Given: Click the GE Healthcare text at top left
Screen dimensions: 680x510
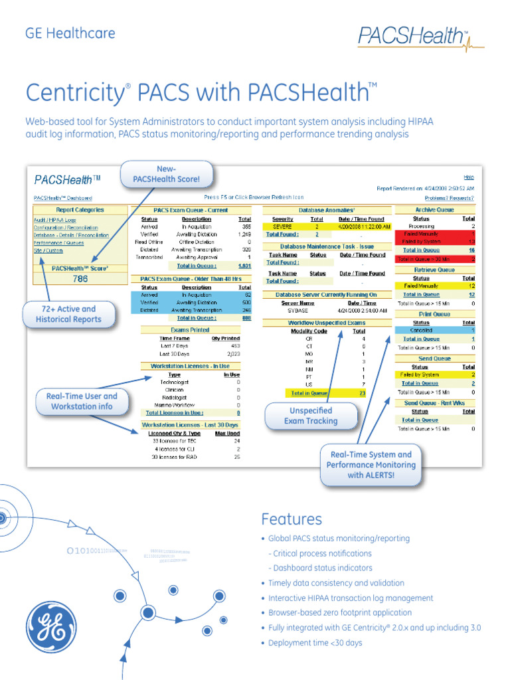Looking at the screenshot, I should point(70,33).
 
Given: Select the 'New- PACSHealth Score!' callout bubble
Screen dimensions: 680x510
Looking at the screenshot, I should point(166,174).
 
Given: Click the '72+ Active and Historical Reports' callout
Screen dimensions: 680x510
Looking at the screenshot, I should point(69,314).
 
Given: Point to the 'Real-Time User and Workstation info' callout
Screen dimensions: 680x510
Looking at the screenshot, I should point(82,401).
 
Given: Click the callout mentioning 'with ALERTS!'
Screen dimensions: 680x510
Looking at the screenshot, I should point(371,465).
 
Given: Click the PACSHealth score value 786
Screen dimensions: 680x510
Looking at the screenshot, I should point(80,279).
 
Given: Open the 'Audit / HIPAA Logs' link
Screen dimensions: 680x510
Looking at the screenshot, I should point(55,220).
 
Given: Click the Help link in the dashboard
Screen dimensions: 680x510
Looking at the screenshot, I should point(468,177).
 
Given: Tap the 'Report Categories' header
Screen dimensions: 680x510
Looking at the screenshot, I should point(80,210).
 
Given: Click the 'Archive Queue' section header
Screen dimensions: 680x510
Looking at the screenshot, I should point(434,210).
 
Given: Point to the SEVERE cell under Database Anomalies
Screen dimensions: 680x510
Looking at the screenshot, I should point(282,226).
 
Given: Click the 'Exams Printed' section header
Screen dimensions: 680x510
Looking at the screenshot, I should point(190,329).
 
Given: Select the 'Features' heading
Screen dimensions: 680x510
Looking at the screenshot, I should point(292,519).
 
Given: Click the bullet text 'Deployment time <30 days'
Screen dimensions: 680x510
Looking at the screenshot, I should point(315,643).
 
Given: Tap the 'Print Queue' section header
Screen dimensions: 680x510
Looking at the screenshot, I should point(434,314).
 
